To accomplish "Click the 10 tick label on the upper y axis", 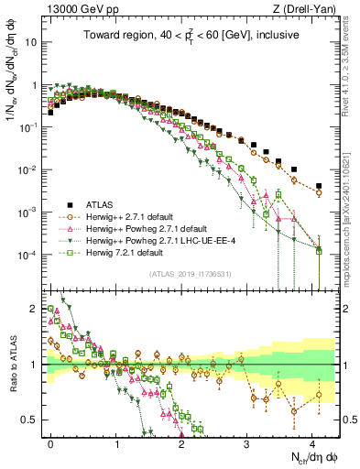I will (30, 43).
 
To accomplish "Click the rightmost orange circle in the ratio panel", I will (319, 396).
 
